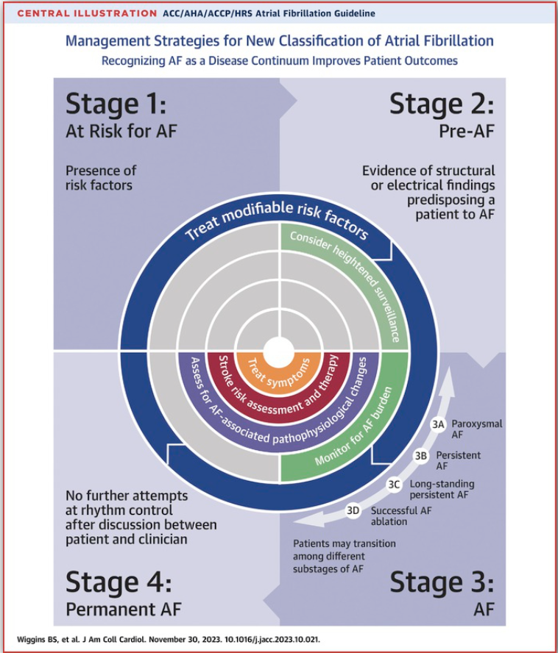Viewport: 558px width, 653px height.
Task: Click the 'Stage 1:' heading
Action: point(116,104)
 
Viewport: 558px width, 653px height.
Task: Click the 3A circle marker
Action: point(438,424)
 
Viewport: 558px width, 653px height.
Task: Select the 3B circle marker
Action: point(420,456)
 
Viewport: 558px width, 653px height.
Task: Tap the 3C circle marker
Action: point(394,484)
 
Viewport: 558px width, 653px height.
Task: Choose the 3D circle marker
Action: point(354,510)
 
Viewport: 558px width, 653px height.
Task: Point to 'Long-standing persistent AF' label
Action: point(442,489)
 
